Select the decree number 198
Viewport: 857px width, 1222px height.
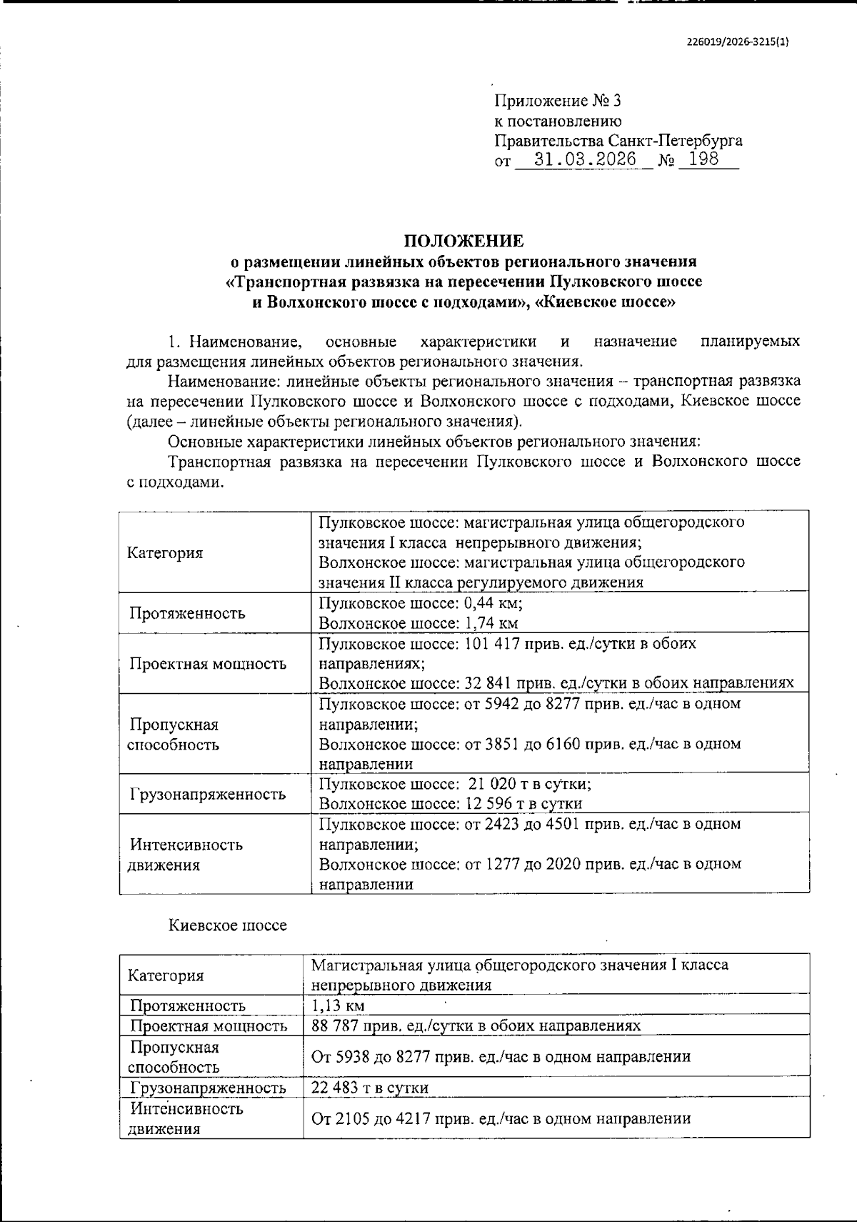pyautogui.click(x=704, y=159)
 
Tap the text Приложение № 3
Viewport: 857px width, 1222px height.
pyautogui.click(x=553, y=101)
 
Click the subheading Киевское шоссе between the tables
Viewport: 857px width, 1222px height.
pyautogui.click(x=227, y=925)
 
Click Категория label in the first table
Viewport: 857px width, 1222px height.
pyautogui.click(x=164, y=553)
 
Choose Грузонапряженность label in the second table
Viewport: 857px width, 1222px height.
pyautogui.click(x=208, y=1088)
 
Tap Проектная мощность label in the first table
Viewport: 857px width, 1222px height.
pyautogui.click(x=208, y=663)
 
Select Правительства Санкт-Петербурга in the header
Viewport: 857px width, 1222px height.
pyautogui.click(x=618, y=140)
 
